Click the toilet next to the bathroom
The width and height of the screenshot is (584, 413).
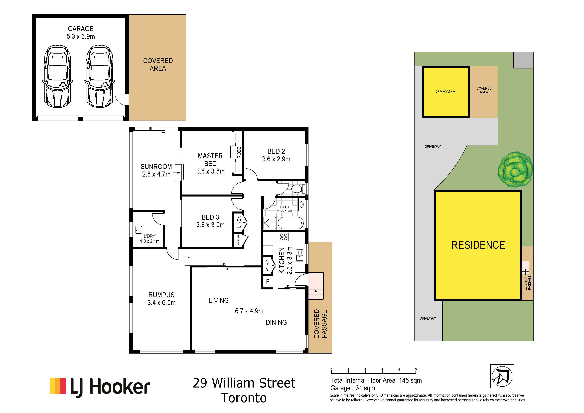coord(297,189)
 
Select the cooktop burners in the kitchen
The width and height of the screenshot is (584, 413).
coord(284,237)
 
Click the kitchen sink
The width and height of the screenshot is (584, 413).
coord(300,255)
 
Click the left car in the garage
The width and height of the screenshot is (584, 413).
coord(57,76)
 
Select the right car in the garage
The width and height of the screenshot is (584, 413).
coord(100,76)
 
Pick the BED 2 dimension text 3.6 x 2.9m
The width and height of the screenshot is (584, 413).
coord(276,159)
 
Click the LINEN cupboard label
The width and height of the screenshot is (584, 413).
coord(239,222)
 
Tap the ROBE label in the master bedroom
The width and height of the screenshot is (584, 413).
coord(239,152)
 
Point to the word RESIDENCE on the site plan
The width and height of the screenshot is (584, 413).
coord(478,245)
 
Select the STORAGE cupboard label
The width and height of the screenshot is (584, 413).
coord(239,240)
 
